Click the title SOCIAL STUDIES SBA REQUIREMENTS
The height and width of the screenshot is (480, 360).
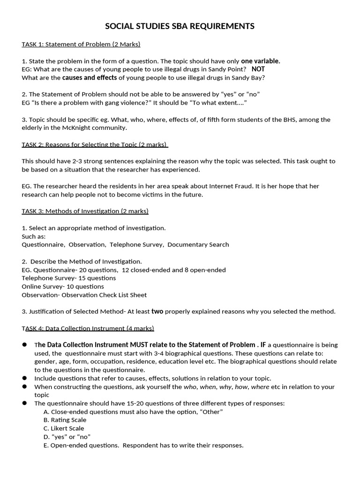coord(180,26)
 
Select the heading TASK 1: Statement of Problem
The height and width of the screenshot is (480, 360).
coord(81,45)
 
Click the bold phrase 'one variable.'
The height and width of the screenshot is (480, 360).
coord(261,61)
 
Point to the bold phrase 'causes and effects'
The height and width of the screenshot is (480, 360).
coord(90,78)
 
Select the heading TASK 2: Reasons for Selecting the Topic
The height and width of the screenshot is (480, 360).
coord(95,144)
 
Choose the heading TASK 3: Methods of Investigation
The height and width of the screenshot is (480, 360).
coord(85,211)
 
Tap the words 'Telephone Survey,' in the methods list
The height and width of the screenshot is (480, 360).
coord(137,245)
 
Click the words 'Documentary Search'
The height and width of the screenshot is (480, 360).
coord(198,245)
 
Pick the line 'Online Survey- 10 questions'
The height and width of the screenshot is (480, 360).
coord(63,286)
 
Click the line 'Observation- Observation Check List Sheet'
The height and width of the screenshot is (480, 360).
coord(84,295)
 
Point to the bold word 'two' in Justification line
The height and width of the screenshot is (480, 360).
coord(157,312)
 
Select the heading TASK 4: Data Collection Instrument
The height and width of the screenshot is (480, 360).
coord(88,329)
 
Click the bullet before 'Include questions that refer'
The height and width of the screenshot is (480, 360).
coord(24,378)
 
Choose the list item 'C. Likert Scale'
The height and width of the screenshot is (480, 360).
coord(64,428)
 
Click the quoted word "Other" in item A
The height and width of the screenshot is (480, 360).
coord(211,412)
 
